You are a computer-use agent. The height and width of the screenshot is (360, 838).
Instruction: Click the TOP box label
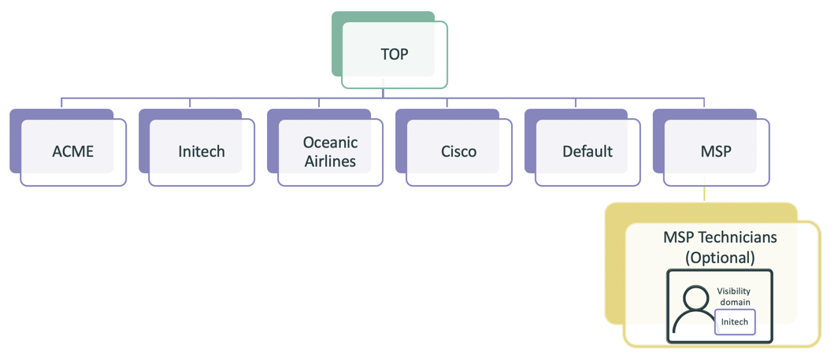pos(395,54)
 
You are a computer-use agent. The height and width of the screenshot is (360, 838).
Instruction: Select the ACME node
pos(72,151)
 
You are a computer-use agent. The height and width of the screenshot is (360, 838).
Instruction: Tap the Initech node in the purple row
pos(202,151)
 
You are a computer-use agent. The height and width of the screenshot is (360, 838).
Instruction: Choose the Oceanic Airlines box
pos(331,151)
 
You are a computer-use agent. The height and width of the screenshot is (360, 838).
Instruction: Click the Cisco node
pos(459,151)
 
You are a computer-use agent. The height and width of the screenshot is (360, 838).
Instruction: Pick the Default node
pos(588,151)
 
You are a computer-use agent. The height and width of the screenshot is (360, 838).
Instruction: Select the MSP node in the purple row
pos(716,151)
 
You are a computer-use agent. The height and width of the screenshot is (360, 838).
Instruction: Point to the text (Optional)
pos(720,257)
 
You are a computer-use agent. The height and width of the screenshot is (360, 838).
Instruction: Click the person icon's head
pos(696,299)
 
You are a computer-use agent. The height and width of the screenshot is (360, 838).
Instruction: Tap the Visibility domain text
pos(734,296)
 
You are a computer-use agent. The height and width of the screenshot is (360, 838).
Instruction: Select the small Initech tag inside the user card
pos(735,321)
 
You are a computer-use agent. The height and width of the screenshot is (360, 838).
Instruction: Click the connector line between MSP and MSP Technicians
pos(704,195)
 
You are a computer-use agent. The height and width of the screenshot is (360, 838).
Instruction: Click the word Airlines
pos(331,161)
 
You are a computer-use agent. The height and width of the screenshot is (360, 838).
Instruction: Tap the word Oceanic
pos(331,143)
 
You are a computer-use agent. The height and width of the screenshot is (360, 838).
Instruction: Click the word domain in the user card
pos(734,302)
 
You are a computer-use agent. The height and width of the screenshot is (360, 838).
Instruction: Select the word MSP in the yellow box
pos(680,237)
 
